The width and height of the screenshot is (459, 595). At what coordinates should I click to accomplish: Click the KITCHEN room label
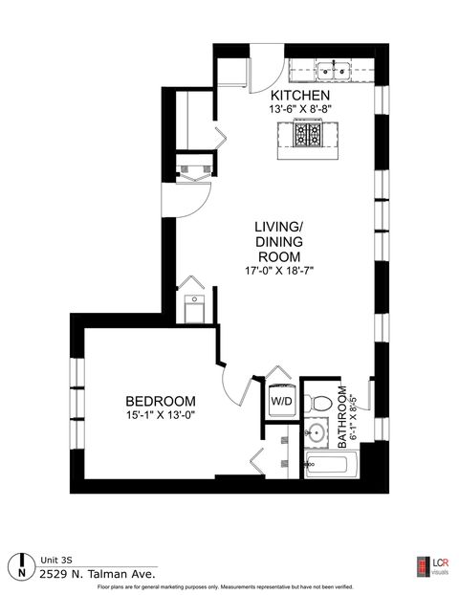300,97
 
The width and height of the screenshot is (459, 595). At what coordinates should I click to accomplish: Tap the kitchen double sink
332,69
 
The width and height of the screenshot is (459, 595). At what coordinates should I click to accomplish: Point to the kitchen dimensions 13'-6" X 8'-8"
300,111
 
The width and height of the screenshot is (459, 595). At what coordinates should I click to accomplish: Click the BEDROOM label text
162,400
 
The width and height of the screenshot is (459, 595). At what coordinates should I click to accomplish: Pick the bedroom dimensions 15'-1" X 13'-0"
162,414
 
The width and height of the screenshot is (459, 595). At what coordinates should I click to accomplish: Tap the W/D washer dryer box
281,401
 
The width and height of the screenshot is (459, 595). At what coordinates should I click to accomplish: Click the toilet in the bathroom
321,400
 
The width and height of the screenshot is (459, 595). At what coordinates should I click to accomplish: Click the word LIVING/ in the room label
278,228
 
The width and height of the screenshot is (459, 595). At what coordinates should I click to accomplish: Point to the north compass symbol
20,564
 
